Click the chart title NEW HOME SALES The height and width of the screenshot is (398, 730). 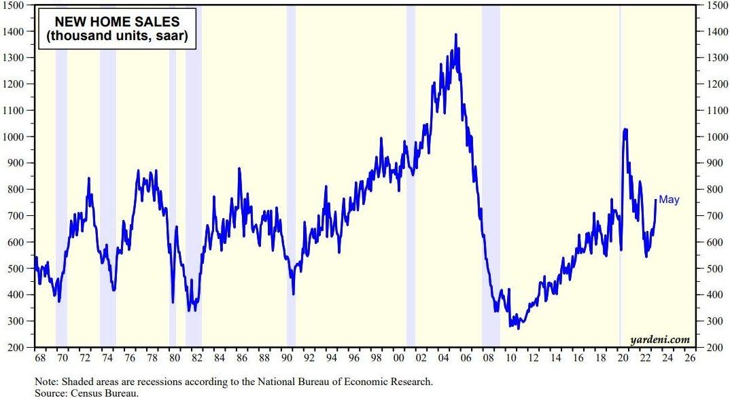(x=117, y=22)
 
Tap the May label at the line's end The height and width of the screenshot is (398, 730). (x=669, y=200)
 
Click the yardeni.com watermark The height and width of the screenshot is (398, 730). (x=660, y=340)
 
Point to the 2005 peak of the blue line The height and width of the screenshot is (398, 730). (x=456, y=35)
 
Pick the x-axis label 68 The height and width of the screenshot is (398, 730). (x=41, y=358)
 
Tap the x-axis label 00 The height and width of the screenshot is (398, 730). (x=399, y=358)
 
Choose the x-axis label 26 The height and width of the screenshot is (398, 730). (x=691, y=358)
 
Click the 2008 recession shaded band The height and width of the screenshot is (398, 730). (x=491, y=176)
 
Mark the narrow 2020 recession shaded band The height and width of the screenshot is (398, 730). (x=620, y=176)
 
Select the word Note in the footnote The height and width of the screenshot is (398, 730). (x=45, y=382)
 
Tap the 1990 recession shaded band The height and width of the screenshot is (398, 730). (x=291, y=176)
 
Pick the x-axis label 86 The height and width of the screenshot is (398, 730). (x=242, y=358)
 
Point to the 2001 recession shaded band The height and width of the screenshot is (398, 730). (x=411, y=176)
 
